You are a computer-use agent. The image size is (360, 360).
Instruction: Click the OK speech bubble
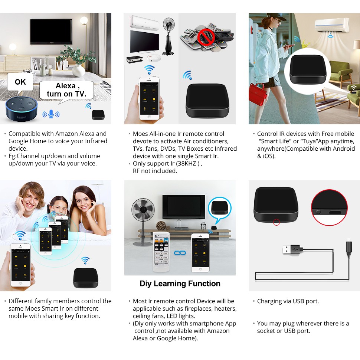(20, 82)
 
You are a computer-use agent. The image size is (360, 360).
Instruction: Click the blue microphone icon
(51, 114)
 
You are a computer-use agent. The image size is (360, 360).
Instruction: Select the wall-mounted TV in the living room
(51, 31)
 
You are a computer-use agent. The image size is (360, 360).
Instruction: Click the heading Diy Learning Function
(180, 284)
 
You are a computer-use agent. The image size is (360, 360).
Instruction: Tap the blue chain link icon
(180, 253)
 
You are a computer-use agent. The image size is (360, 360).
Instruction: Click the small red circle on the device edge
(276, 222)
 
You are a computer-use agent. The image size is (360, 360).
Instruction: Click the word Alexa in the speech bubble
(66, 86)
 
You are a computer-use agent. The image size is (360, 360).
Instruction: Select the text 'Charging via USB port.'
(288, 301)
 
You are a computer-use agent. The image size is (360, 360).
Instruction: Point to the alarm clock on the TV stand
(203, 226)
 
